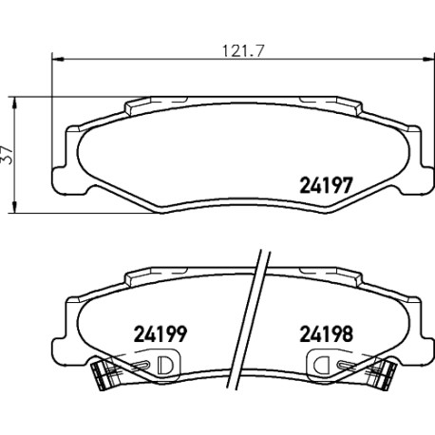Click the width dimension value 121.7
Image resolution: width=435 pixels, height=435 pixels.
tap(243, 51)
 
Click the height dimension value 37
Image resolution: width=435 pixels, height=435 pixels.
tap(7, 155)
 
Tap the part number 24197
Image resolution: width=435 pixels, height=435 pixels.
tap(326, 185)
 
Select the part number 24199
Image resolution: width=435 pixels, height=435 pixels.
tap(161, 334)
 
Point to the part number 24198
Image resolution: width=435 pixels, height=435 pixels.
tap(326, 334)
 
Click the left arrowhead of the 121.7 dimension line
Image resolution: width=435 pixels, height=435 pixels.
tap(58, 59)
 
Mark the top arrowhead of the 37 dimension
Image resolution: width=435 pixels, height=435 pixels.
tap(14, 104)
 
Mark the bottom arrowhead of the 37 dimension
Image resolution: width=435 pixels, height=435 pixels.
tap(14, 206)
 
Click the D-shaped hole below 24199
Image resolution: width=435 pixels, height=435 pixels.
tap(165, 365)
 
